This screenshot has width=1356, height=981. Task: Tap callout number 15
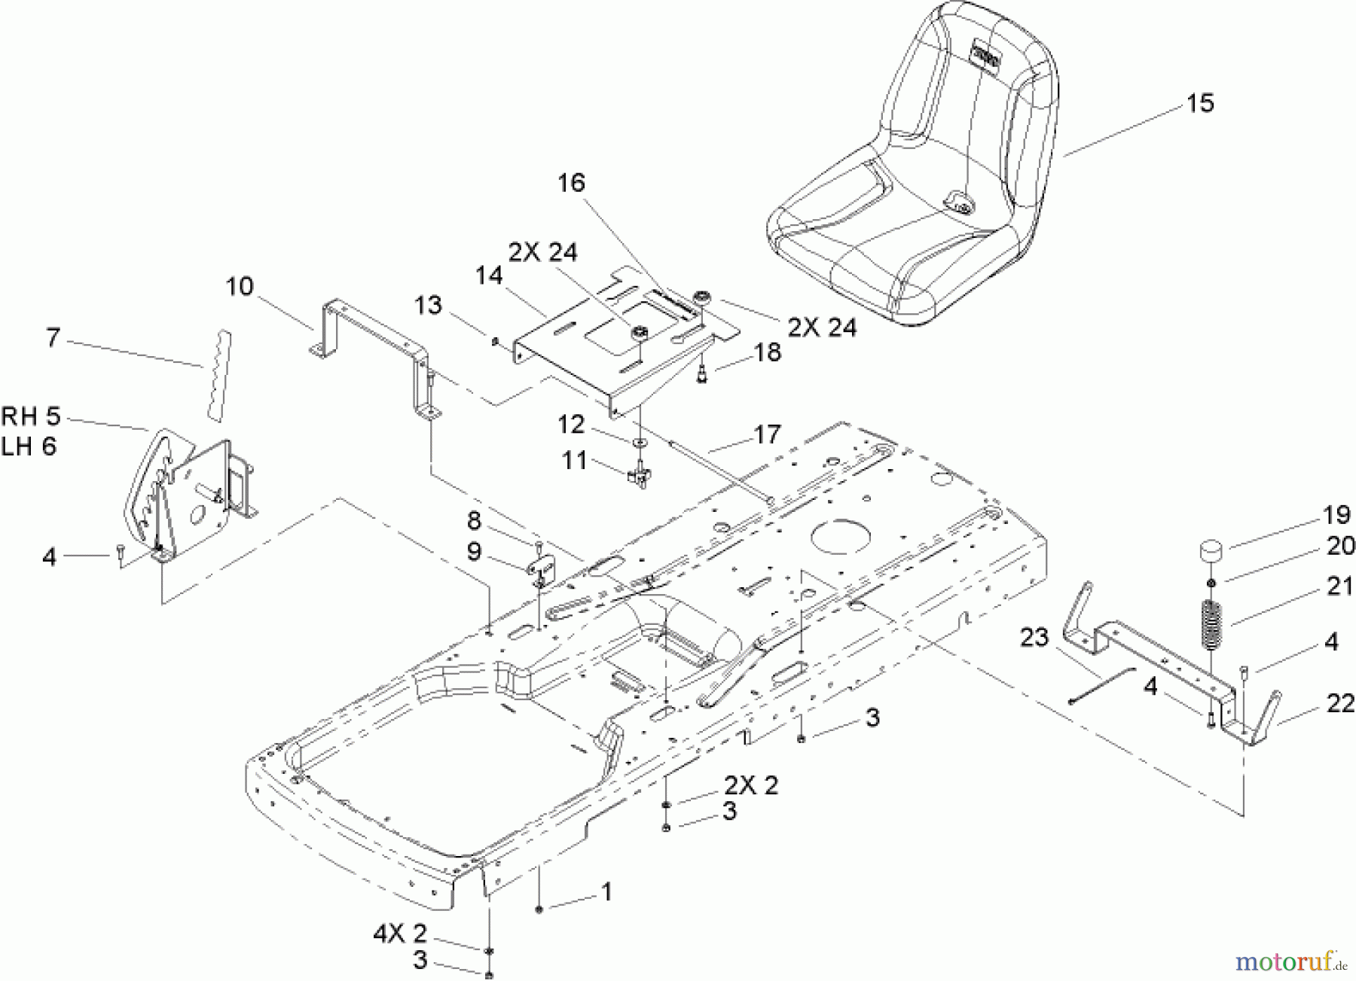(1200, 103)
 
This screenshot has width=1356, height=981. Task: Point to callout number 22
(1339, 704)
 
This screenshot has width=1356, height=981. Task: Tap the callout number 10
(240, 287)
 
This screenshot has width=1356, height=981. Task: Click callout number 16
(571, 183)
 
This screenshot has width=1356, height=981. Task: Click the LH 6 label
(29, 446)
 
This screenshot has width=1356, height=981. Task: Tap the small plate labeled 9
(542, 568)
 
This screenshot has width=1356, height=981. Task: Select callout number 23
(1034, 638)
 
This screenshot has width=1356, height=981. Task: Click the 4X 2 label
(399, 934)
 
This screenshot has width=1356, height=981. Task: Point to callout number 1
(606, 892)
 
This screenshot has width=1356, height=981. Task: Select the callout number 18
(768, 352)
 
